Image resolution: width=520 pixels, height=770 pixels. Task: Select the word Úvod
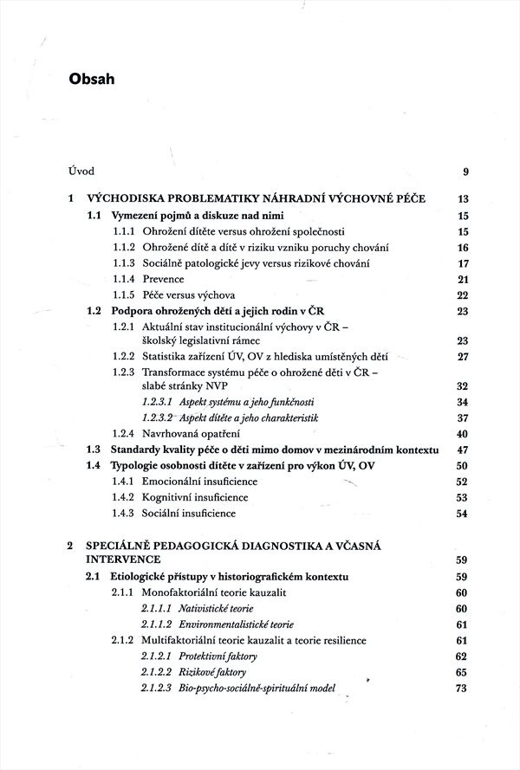coord(82,170)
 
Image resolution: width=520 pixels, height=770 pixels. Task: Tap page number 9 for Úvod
coord(465,171)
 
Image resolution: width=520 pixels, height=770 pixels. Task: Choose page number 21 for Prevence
coord(462,279)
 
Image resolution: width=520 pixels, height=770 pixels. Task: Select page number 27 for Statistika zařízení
coord(462,356)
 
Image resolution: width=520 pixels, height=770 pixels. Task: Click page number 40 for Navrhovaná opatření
coord(462,434)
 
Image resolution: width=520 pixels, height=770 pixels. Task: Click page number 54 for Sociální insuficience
coord(462,514)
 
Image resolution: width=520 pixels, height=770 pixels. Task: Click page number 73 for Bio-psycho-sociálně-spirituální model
coord(462,689)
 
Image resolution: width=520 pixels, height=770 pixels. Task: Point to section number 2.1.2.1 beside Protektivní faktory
coord(158,657)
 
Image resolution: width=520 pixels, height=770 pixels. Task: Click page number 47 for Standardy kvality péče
coord(462,450)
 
